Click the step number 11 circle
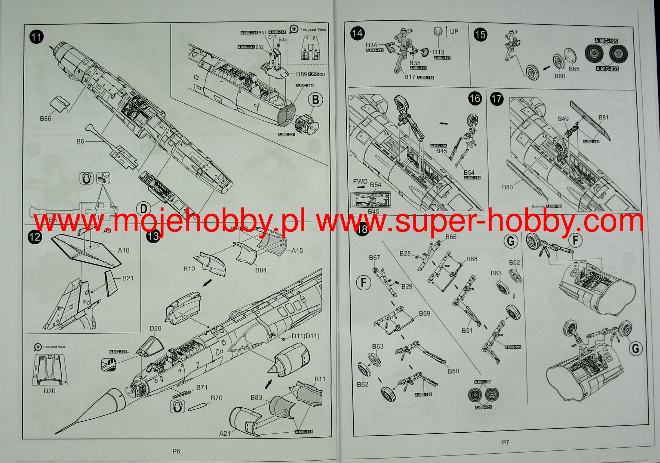coord(37,37)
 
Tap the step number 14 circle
coord(357,34)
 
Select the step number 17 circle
coord(496,99)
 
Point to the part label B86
coord(45,119)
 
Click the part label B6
coord(80,141)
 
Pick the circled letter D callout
coord(144,208)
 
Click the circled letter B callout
coord(315,100)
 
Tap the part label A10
coord(124,250)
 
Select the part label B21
coord(128,278)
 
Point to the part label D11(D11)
coord(305,336)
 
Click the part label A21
coord(225,433)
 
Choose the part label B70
coord(216,398)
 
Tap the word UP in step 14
coord(454,31)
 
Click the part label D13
coord(439,52)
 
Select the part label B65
coord(574,69)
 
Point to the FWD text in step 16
coord(360,182)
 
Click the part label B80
coord(507,187)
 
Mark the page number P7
coord(505,443)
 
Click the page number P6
coord(176,451)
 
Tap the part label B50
coord(453,371)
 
